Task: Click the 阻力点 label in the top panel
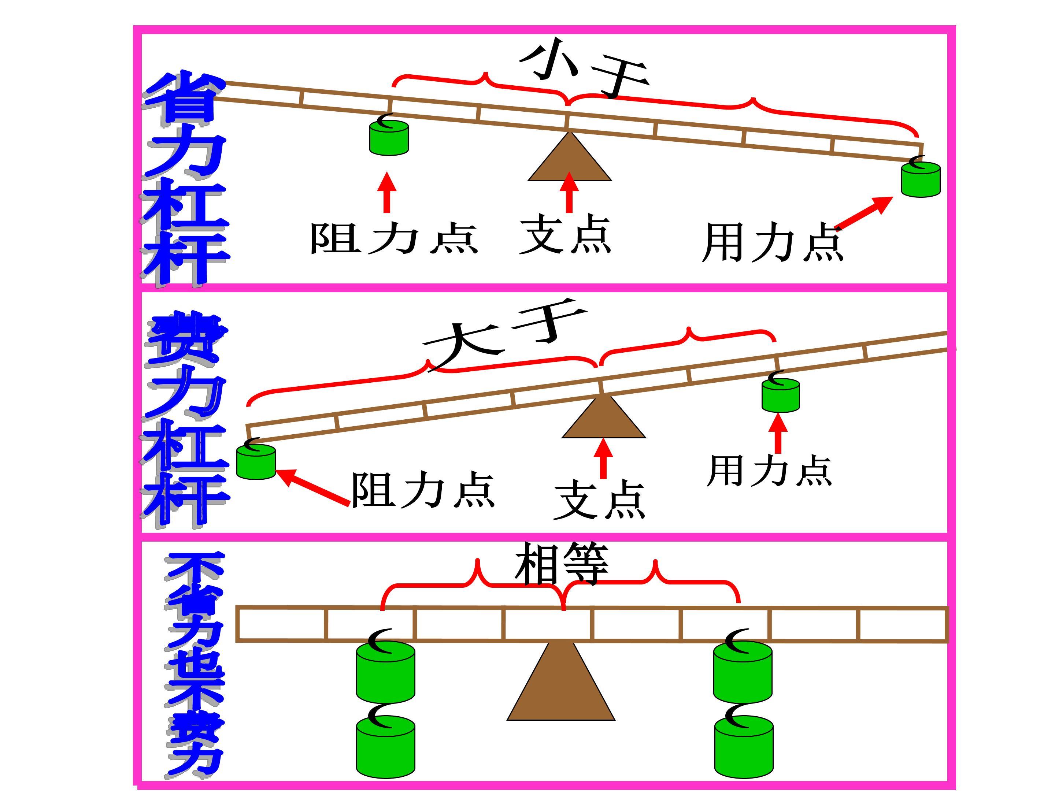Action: [x=394, y=238]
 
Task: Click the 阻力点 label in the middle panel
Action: [x=423, y=490]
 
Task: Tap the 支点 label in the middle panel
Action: [x=600, y=500]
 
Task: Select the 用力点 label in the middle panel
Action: [x=769, y=471]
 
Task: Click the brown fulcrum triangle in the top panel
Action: [x=570, y=156]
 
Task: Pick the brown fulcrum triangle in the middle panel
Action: [x=604, y=417]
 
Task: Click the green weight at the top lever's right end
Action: [x=921, y=178]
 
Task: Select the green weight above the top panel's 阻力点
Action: [x=389, y=137]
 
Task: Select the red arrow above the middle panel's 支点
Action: [x=604, y=458]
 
